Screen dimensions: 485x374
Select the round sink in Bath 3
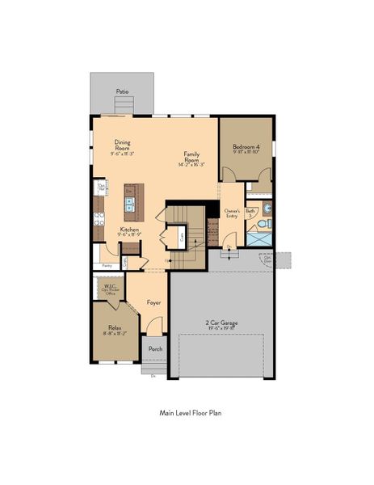tap(268, 207)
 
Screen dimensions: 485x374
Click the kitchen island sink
tap(129, 204)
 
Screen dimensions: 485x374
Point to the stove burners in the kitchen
tap(99, 216)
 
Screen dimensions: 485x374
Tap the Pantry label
tap(106, 265)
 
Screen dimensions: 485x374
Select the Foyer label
tap(153, 302)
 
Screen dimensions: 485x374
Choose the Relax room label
tap(114, 330)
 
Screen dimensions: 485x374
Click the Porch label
tap(155, 349)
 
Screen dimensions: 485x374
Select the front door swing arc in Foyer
tap(154, 326)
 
